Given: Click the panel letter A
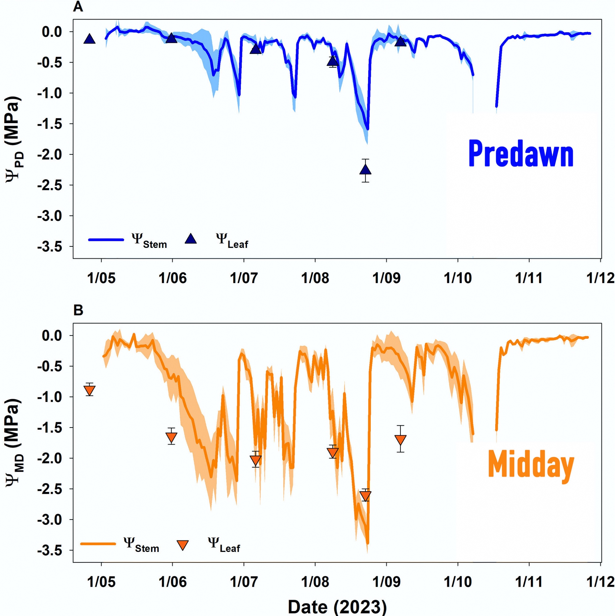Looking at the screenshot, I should tap(78, 7).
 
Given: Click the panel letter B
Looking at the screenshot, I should tap(78, 310).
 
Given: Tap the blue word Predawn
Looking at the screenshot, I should tap(521, 154).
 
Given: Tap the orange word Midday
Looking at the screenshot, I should tap(531, 466).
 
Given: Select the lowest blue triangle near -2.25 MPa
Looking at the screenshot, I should tap(365, 170).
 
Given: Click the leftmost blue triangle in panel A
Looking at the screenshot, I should tap(90, 39).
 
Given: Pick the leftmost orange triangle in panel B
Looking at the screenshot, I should tap(90, 390).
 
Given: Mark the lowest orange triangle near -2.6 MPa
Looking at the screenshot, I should tap(365, 496).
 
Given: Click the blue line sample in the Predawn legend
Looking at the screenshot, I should tap(106, 240).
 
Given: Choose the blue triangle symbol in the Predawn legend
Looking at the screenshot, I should tap(191, 239).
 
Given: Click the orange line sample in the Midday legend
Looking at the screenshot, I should tap(98, 544).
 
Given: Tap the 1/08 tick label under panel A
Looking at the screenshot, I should tap(315, 278).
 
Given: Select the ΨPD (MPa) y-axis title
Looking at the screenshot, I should tap(13, 138).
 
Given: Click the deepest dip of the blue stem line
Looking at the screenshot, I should tap(367, 129).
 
